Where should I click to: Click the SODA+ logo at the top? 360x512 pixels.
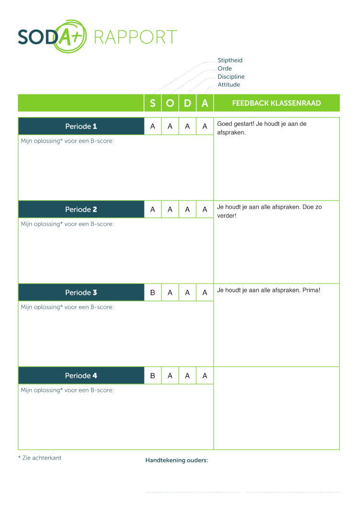point(52,36)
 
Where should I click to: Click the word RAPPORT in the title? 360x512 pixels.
point(136,37)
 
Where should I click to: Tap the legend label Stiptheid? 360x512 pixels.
point(230,60)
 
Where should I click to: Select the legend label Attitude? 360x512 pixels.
point(228,85)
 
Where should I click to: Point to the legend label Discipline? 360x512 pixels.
point(231,77)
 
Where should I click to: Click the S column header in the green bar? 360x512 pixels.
point(153,103)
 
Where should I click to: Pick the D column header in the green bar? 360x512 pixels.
point(187,103)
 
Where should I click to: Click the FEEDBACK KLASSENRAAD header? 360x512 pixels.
point(276,103)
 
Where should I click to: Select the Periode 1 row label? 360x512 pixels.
point(81,127)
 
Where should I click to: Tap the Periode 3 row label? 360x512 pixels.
point(81,293)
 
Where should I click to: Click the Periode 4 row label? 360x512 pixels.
point(81,376)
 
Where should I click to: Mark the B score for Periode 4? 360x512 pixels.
point(153,376)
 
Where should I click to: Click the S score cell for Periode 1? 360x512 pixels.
point(153,127)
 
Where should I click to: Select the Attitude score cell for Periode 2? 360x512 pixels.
point(205,210)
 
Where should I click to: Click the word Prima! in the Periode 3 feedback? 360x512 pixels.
point(312,290)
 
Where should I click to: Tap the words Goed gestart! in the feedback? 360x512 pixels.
point(235,124)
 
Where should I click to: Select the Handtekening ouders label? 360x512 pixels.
point(177,460)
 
